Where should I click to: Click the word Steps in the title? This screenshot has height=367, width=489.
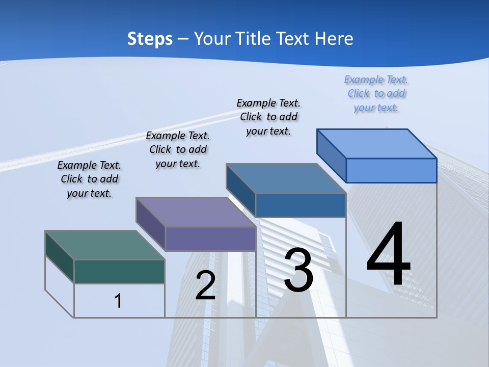[150, 39]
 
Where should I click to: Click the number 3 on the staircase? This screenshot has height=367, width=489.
[298, 270]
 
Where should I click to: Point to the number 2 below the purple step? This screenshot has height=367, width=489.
[205, 285]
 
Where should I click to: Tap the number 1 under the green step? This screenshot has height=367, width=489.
[118, 301]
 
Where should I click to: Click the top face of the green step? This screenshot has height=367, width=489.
[104, 245]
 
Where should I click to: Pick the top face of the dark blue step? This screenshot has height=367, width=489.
[286, 178]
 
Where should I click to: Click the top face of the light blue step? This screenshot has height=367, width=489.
[376, 144]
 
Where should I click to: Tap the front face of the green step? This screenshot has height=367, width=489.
[119, 271]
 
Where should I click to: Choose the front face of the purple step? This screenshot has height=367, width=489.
[210, 239]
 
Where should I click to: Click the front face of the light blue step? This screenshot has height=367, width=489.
[391, 170]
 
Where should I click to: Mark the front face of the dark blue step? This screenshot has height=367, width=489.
[301, 205]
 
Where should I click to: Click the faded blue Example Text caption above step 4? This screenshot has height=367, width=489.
[376, 94]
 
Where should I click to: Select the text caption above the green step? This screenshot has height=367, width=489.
[89, 179]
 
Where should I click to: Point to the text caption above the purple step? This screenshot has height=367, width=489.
[178, 149]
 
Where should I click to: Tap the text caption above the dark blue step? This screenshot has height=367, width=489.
[268, 117]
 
